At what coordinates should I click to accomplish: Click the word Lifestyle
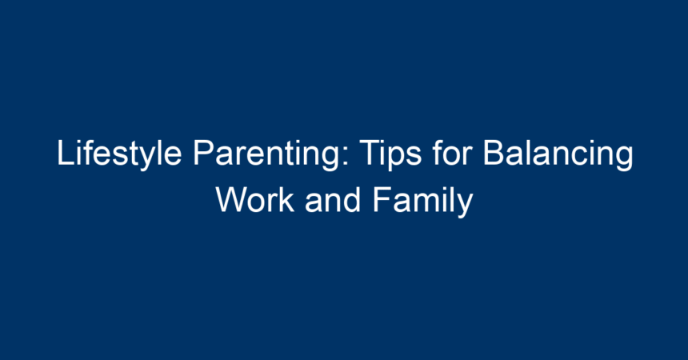(119, 154)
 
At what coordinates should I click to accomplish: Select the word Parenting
(266, 154)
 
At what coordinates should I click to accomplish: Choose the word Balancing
(558, 154)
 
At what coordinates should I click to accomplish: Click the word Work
(255, 199)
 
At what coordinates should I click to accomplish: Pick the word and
(333, 199)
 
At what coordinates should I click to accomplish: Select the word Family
(422, 201)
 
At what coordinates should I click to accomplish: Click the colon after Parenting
(346, 156)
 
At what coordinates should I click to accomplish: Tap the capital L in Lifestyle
(65, 153)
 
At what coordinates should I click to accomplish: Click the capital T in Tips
(370, 153)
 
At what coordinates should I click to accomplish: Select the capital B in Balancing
(494, 153)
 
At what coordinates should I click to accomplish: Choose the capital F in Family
(382, 199)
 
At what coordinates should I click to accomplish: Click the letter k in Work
(287, 199)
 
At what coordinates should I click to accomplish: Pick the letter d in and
(353, 199)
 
